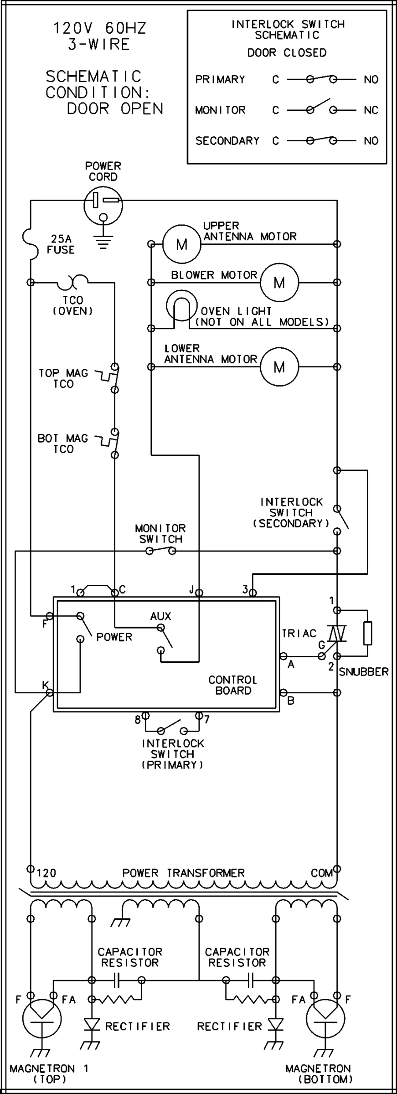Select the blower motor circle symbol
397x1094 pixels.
coord(279,283)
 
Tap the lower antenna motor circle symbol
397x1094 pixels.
coord(279,366)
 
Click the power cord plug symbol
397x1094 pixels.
coord(103,206)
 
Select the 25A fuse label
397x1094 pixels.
coord(61,244)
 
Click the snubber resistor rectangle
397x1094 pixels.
coord(368,633)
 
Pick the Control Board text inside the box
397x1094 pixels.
coord(233,685)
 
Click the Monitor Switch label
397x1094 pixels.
coord(160,534)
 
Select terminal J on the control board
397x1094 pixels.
coord(199,593)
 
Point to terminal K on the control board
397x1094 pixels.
coord(49,692)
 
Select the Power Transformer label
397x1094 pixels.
coord(184,873)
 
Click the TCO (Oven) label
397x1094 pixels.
coord(73,306)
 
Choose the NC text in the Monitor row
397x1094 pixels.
coord(371,110)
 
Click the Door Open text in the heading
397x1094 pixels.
coord(115,108)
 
